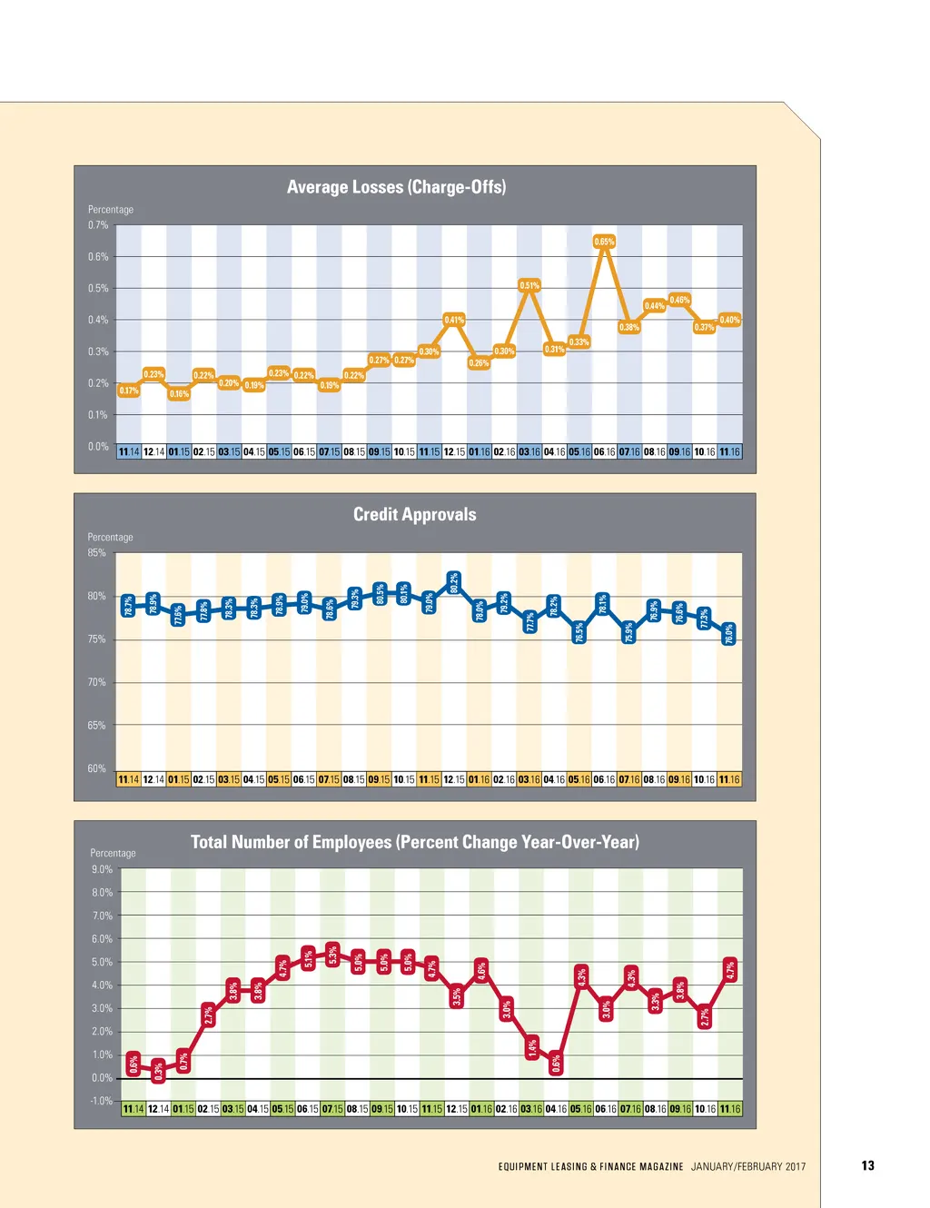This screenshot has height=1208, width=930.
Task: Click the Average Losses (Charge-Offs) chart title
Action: [x=396, y=187]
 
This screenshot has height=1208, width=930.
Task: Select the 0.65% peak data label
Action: [x=604, y=242]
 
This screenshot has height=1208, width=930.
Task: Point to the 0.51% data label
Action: [x=529, y=285]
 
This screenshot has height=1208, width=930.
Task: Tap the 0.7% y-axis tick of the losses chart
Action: [x=98, y=225]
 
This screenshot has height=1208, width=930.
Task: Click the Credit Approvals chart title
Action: [x=414, y=515]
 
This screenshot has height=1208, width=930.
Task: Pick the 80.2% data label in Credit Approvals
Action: [x=454, y=583]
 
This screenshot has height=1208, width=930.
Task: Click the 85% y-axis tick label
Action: [x=96, y=553]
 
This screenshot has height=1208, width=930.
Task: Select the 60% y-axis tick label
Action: [x=96, y=768]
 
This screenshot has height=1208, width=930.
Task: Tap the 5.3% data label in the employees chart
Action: [x=333, y=956]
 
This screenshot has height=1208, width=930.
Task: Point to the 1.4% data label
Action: [x=532, y=1047]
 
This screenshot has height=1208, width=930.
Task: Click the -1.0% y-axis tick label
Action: [x=101, y=1101]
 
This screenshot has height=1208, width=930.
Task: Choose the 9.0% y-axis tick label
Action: [x=102, y=869]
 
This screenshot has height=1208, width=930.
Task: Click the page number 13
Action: [x=867, y=1166]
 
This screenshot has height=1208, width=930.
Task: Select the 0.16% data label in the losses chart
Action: [x=179, y=394]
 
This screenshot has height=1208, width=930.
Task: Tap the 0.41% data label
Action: [x=454, y=320]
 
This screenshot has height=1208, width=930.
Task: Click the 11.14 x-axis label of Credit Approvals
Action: [x=129, y=779]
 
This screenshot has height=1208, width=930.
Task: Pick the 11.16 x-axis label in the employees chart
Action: [x=730, y=1109]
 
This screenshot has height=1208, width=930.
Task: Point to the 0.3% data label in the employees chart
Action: [x=159, y=1072]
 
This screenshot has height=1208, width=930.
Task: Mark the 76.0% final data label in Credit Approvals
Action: [x=728, y=634]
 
